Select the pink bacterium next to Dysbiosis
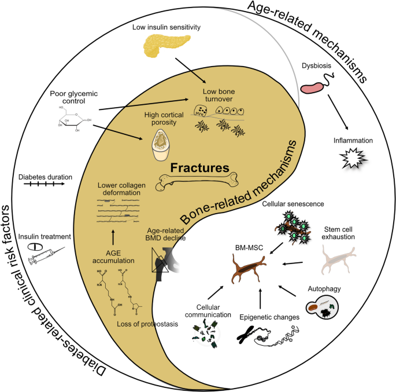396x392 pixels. pos(313,87)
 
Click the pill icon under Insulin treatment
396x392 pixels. pos(35,247)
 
